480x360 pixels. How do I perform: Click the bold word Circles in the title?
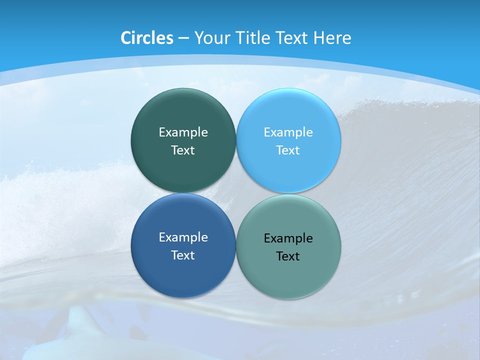pos(147,38)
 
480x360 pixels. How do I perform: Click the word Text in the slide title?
pos(292,38)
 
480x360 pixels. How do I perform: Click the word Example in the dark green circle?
pos(183,132)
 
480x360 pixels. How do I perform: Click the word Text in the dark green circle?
pos(183,150)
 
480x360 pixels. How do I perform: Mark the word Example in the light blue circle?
pos(288,132)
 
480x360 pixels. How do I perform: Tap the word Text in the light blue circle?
pos(288,150)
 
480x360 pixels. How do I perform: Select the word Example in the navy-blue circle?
pos(183,237)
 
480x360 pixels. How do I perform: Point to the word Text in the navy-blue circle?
pos(183,255)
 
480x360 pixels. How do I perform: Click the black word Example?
pos(288,238)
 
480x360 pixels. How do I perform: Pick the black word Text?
pos(288,256)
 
